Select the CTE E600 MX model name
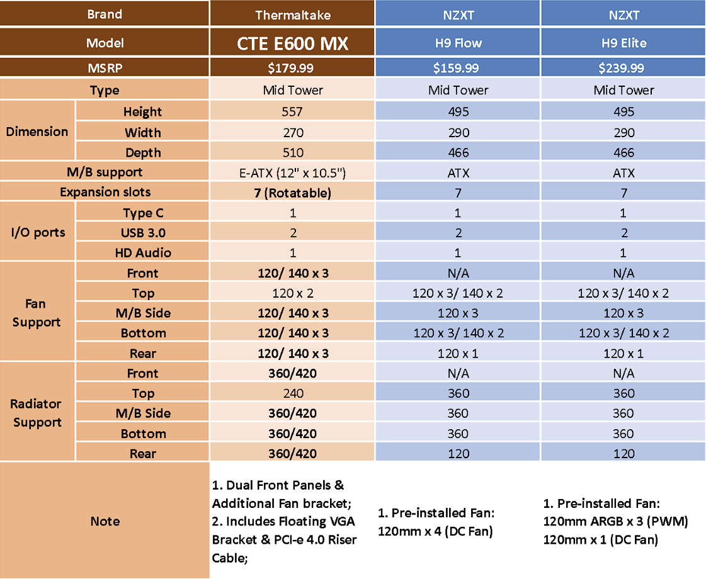coord(293,43)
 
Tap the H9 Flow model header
coord(458,43)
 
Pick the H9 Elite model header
coord(624,43)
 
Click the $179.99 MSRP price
coord(291,68)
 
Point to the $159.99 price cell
coord(456,68)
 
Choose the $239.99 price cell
coord(622,68)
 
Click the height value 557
coord(292,111)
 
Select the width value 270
coord(293,133)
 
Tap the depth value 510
coord(293,152)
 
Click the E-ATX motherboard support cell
coord(293,172)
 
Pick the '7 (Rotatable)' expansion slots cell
coord(293,193)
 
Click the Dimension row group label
coord(37,132)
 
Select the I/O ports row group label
coord(38,232)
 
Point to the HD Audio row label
coord(143,253)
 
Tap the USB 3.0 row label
coord(143,233)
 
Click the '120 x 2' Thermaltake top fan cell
coord(293,293)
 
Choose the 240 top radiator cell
coord(293,393)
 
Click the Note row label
coord(105,521)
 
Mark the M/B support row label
coord(105,172)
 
